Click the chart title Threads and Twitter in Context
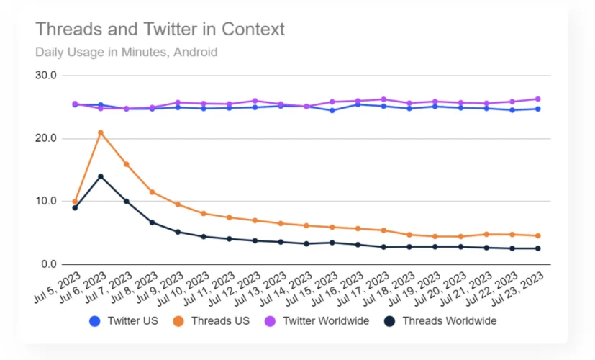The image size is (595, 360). [x=160, y=30]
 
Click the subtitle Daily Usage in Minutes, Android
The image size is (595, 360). [x=126, y=52]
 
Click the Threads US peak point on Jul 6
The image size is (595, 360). [x=101, y=132]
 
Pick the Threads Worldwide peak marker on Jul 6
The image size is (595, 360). [x=101, y=176]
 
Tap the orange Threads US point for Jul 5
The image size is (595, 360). [x=75, y=202]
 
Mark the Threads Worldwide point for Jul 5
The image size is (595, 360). [x=75, y=208]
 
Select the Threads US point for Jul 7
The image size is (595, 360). [x=127, y=164]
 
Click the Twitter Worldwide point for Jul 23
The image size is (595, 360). [x=537, y=99]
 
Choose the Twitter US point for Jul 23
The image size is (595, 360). [x=537, y=109]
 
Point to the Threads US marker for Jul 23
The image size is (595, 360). [x=537, y=235]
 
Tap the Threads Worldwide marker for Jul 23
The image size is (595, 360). [x=537, y=248]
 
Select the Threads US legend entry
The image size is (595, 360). [x=214, y=320]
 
